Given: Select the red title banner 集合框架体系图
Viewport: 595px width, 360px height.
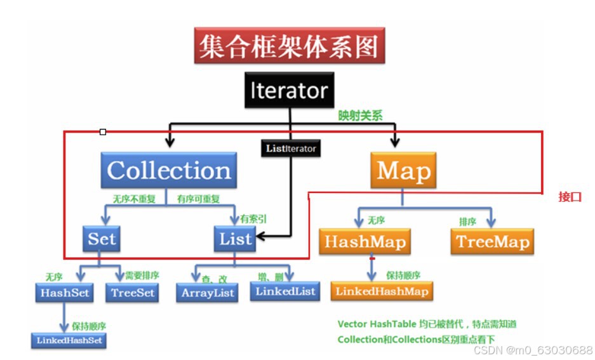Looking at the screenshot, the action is click(289, 47).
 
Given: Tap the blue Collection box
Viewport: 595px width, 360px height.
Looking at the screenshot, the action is click(169, 170).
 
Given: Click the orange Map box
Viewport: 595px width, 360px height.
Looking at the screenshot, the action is click(403, 170).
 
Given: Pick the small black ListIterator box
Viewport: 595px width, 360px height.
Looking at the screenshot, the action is click(290, 149).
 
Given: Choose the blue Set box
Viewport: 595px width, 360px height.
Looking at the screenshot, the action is click(102, 239).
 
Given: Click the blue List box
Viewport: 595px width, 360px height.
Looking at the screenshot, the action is click(235, 239).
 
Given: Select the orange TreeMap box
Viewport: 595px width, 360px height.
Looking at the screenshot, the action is click(492, 242).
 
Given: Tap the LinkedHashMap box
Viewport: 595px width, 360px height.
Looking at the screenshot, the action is click(382, 291).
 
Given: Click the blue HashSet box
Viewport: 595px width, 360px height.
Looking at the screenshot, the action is click(64, 293).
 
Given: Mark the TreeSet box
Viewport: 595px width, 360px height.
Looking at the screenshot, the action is click(133, 293).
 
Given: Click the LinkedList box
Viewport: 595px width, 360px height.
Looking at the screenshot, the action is click(285, 291).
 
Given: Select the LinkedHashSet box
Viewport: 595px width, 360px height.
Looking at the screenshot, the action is click(69, 340).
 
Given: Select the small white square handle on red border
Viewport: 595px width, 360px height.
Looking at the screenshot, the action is click(103, 132).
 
